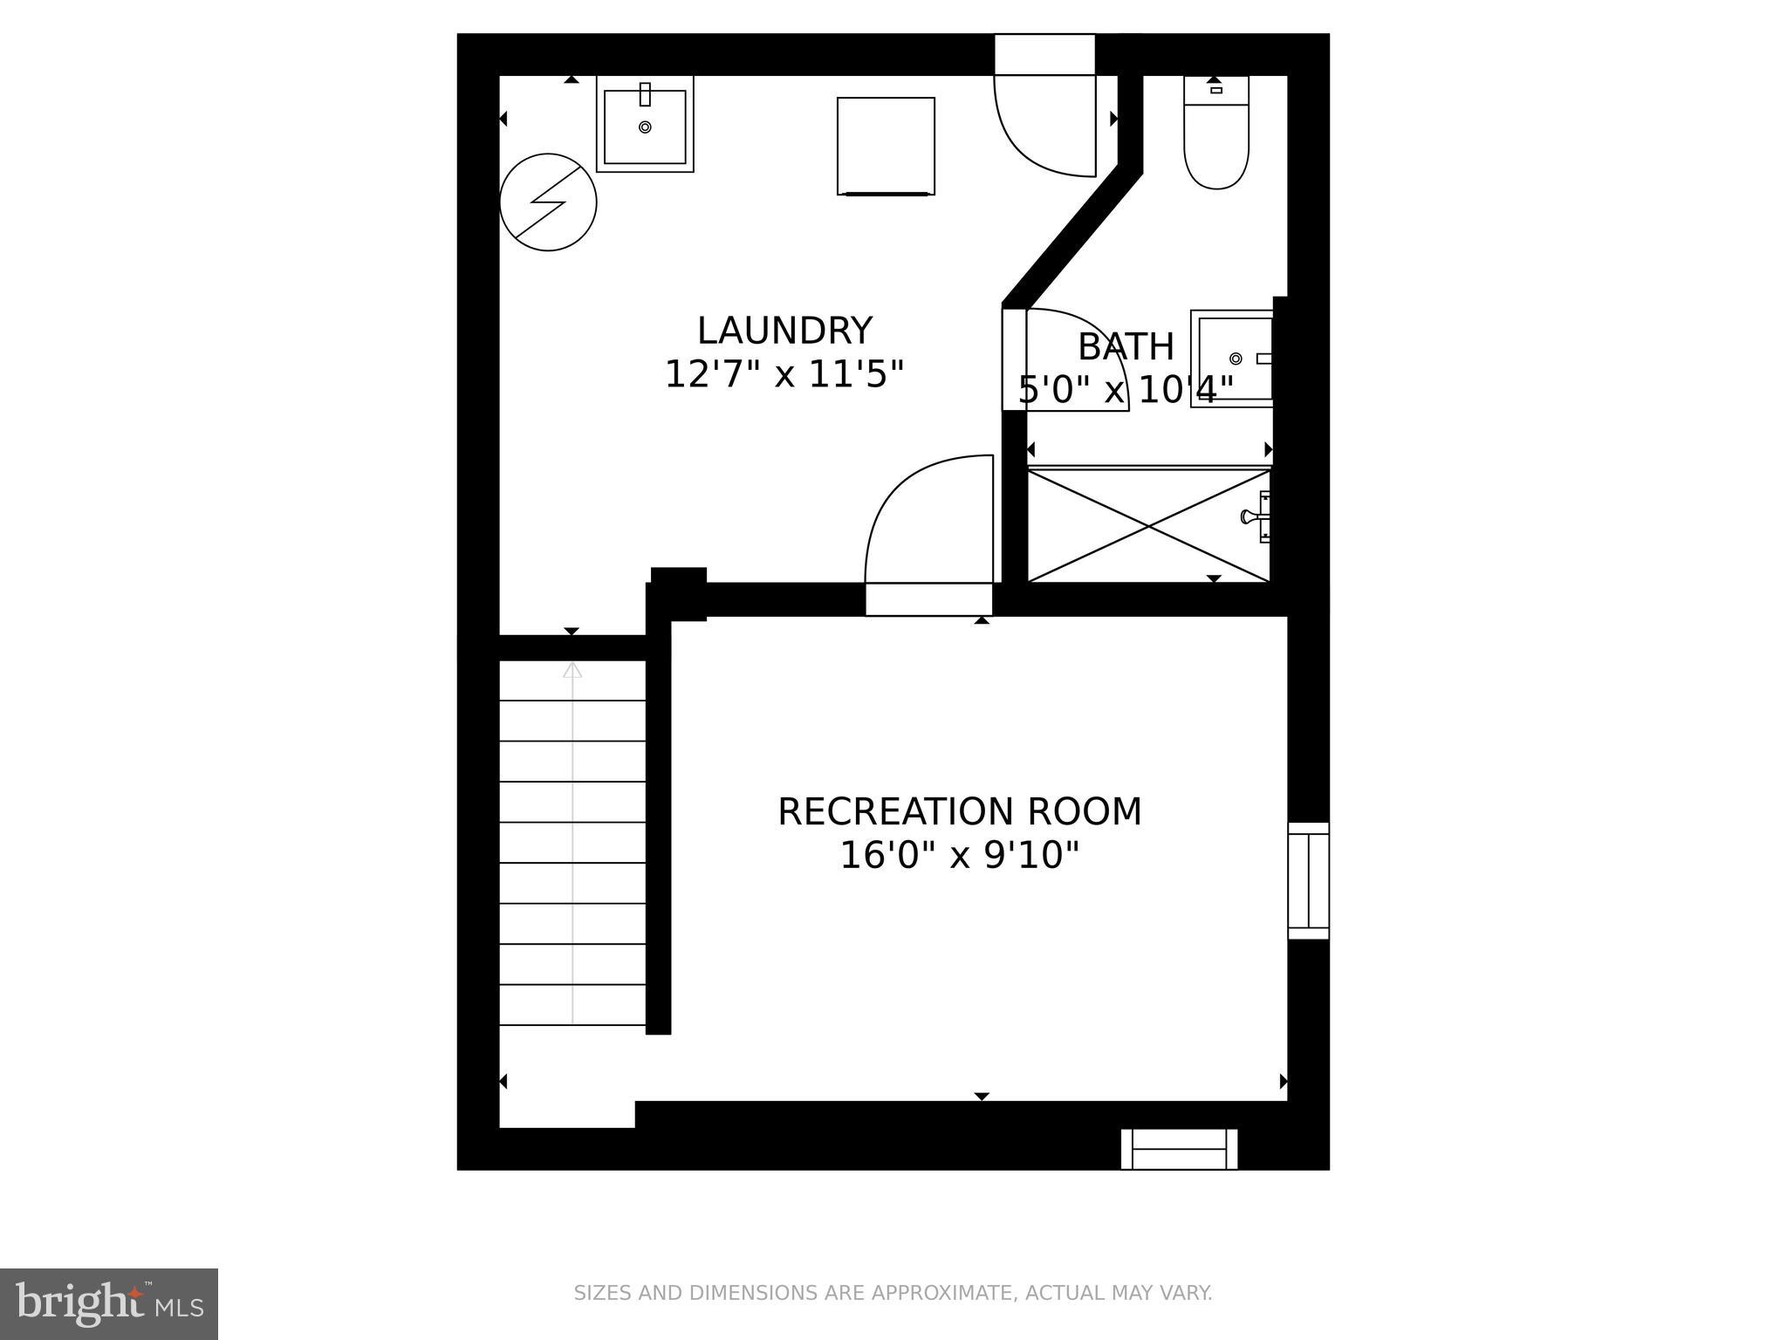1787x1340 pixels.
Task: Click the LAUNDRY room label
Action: tap(784, 331)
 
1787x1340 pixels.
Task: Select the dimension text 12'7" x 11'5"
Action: tap(784, 374)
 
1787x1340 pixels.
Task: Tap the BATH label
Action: tap(1126, 346)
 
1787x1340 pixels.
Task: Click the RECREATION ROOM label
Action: tap(959, 811)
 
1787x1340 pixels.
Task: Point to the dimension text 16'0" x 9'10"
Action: tap(959, 855)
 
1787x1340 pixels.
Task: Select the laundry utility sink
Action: tap(645, 125)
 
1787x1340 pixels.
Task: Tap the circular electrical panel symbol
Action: tap(548, 202)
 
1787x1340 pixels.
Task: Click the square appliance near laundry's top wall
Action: tap(886, 146)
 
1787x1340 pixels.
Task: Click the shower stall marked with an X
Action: tap(1148, 525)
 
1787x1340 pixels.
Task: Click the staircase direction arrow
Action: tap(572, 671)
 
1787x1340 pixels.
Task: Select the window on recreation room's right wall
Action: tap(1308, 880)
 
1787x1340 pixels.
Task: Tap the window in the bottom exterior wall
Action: tap(1179, 1148)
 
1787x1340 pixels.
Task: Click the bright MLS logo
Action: tap(109, 1303)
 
